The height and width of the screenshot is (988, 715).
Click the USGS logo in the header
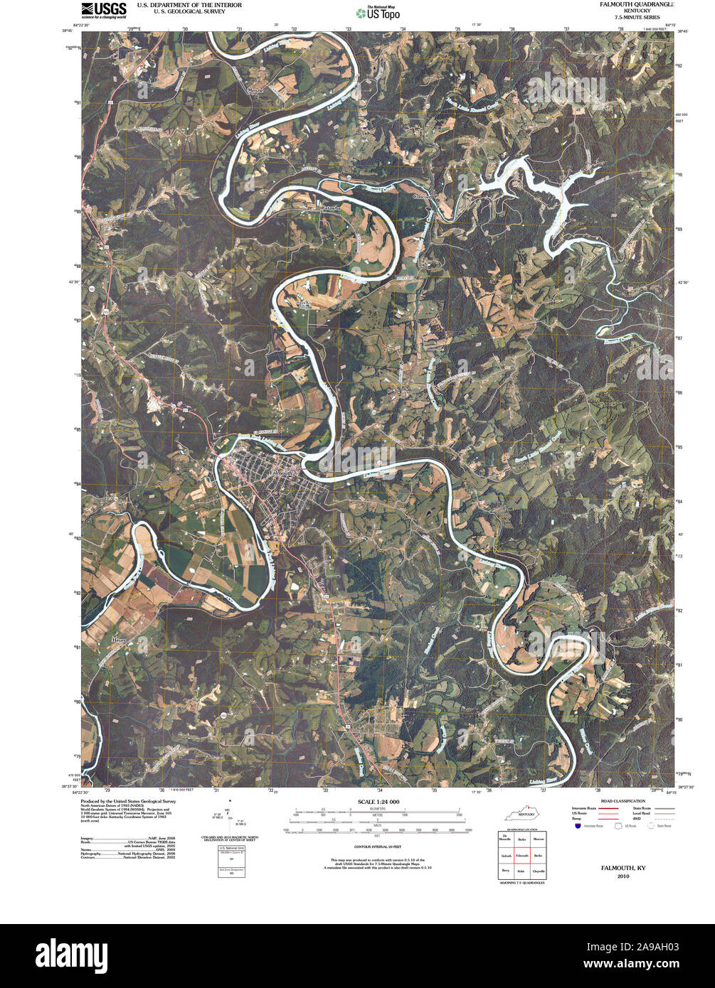[x=104, y=10]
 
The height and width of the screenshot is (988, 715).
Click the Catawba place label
[x=331, y=208]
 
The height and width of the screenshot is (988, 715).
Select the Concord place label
[x=424, y=197]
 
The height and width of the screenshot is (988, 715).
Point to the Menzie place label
[x=255, y=91]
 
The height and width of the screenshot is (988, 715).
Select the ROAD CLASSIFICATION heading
[x=602, y=801]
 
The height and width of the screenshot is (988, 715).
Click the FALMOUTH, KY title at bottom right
[x=623, y=869]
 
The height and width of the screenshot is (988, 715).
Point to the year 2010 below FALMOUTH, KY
[x=623, y=876]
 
